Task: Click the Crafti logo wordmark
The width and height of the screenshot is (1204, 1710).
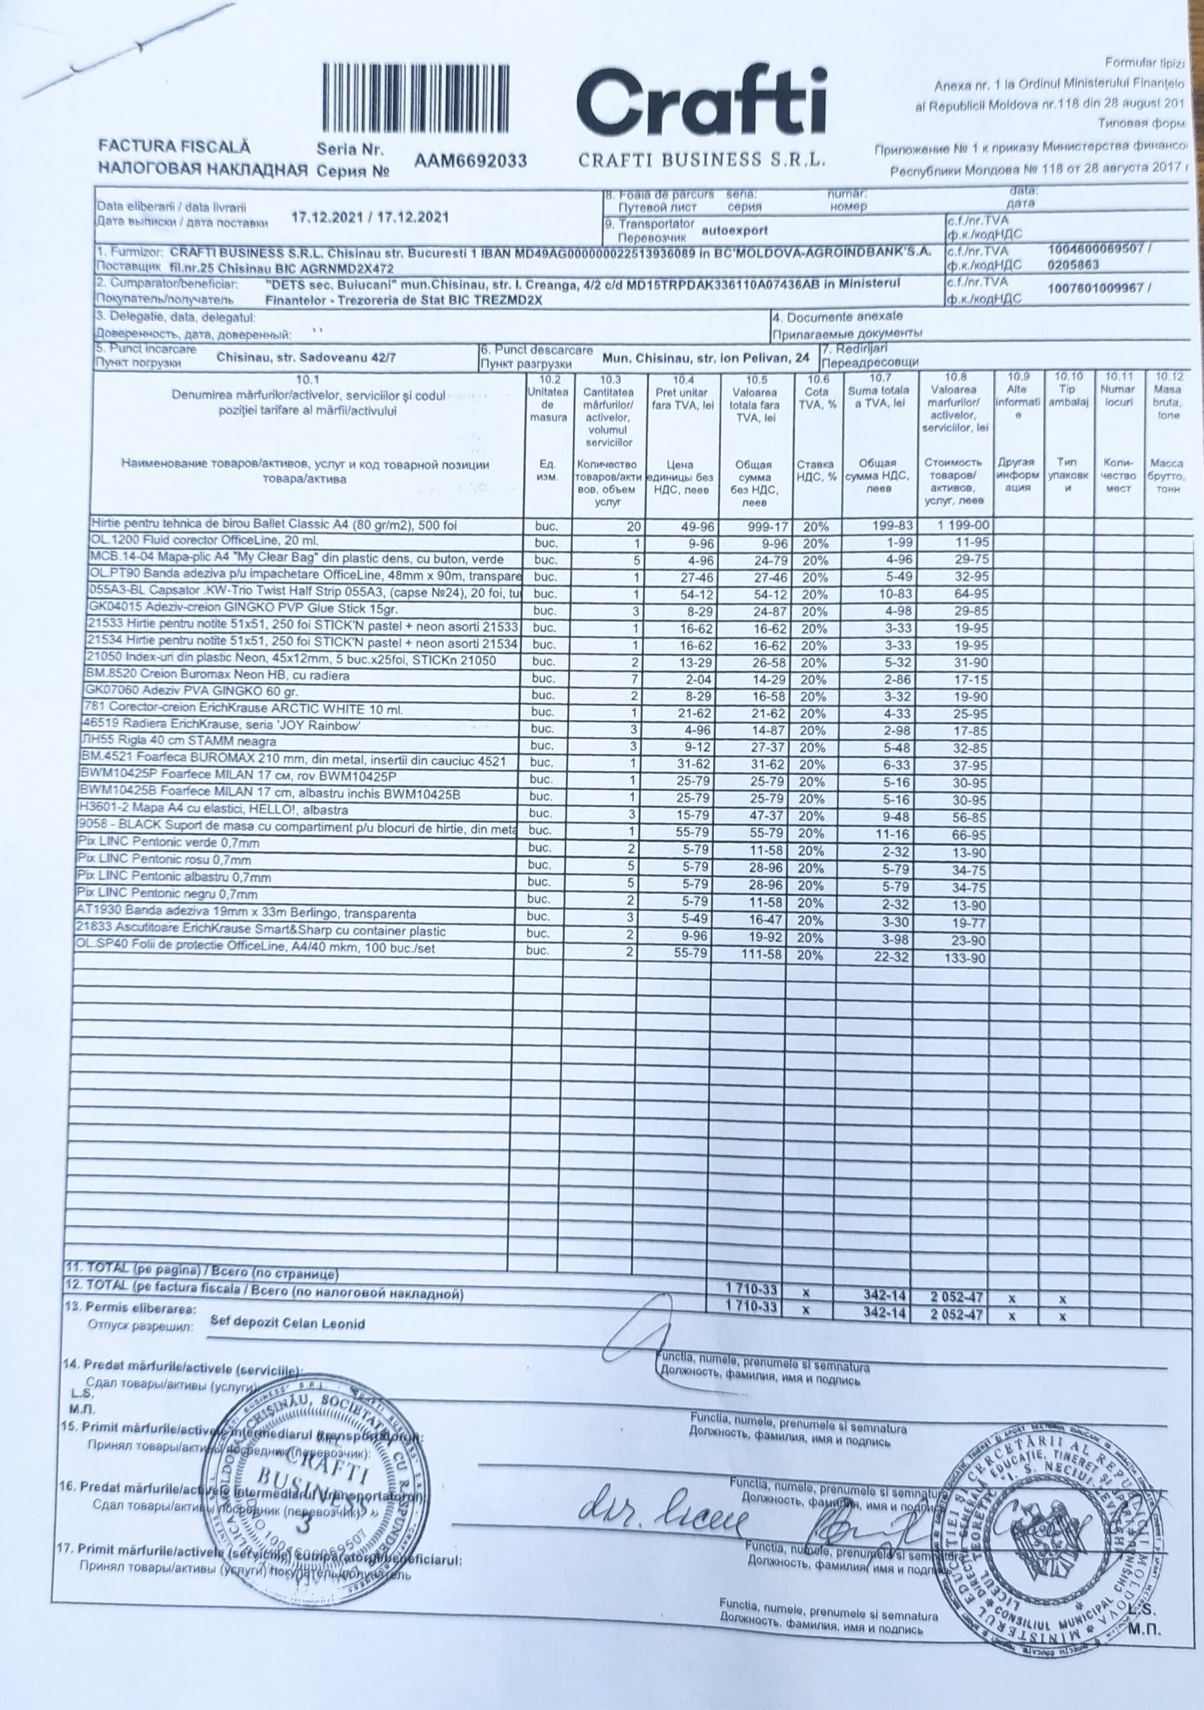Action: pos(701,104)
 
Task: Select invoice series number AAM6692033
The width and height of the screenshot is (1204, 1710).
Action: pos(471,160)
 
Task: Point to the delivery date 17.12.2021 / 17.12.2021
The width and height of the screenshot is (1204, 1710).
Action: pos(370,218)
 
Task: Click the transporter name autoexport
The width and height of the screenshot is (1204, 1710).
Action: pos(735,231)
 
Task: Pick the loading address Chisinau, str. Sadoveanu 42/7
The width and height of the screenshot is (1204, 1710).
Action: pos(306,357)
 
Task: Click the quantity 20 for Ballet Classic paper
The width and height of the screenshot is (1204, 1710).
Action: pos(634,526)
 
